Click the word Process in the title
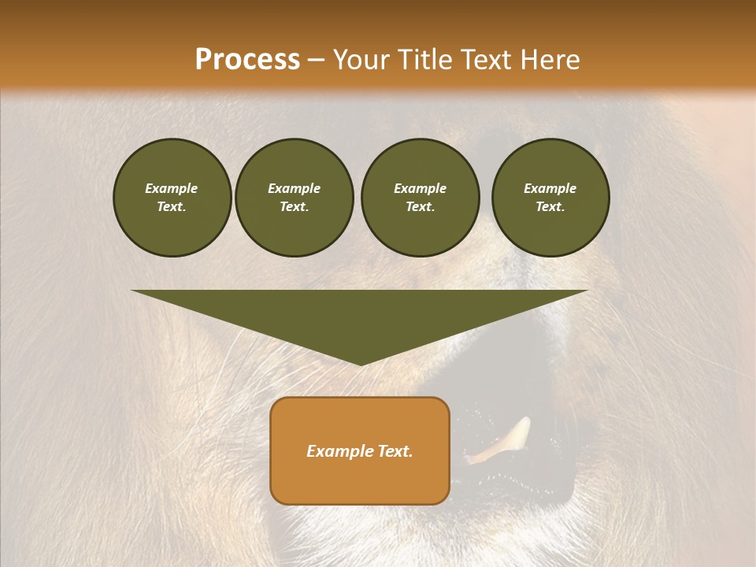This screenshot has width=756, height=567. pos(247,60)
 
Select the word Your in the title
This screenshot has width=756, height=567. pos(362,60)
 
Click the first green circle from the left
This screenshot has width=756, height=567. pos(172,198)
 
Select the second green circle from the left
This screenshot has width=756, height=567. pos(294,198)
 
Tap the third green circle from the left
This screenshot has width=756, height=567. pos(420,198)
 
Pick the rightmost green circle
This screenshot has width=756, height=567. pos(550,198)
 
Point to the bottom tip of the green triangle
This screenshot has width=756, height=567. pos(361,365)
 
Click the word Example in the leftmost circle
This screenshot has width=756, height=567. pos(172,188)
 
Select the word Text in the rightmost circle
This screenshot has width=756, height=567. pos(550,207)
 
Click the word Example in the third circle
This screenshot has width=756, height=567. pos(420,188)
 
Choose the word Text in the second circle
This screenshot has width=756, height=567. pos(294,207)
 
